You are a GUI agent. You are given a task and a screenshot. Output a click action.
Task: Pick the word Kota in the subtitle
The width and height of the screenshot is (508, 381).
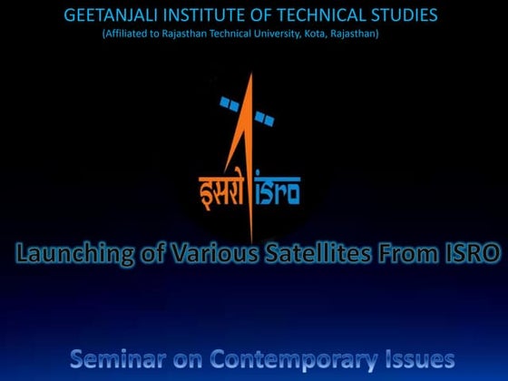click(329, 34)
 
